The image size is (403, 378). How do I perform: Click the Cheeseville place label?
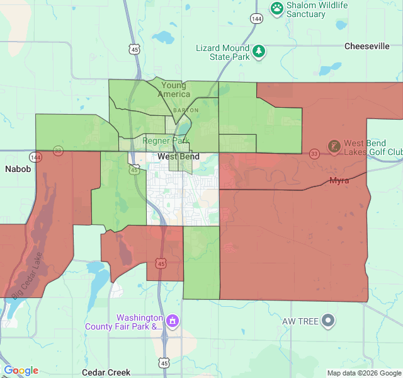(x=367, y=46)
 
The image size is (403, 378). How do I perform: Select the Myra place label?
(x=339, y=181)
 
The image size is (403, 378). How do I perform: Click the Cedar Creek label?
(x=106, y=372)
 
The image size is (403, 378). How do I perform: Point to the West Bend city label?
(x=178, y=156)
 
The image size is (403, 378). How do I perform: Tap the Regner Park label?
(x=162, y=140)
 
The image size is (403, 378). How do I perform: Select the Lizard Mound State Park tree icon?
(x=259, y=50)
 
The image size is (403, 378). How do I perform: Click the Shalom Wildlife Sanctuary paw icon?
(x=277, y=8)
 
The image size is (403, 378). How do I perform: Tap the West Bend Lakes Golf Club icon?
(x=334, y=147)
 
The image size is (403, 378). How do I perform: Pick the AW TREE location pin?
(x=327, y=322)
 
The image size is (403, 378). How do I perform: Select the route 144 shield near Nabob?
(x=36, y=157)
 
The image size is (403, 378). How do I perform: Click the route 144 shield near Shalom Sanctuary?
(x=256, y=19)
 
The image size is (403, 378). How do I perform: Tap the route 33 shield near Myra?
(x=314, y=153)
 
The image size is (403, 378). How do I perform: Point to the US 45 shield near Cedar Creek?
(x=164, y=363)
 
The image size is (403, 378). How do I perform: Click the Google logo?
(x=21, y=371)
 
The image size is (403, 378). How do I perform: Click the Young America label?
(x=174, y=89)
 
